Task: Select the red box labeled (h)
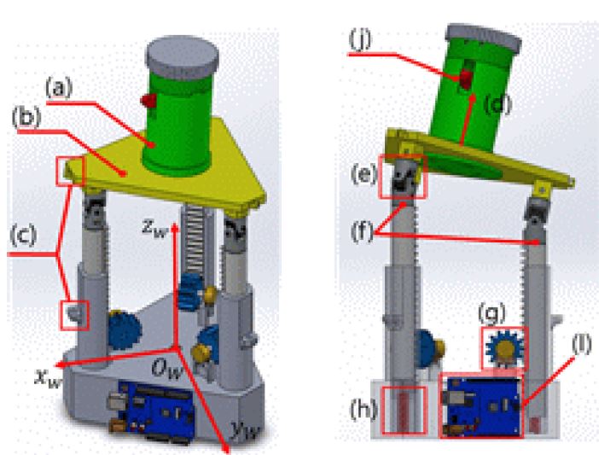tap(404, 411)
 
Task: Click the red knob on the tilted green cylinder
tap(466, 79)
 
